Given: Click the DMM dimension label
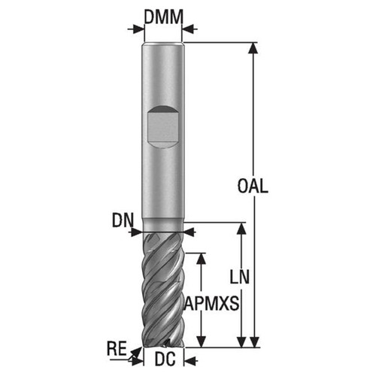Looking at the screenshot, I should click(162, 15).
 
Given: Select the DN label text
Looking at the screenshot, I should click(123, 221).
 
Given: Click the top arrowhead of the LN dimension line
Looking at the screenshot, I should click(241, 227).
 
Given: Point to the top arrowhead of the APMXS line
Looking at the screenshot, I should click(201, 256).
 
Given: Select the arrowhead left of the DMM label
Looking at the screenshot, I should click(138, 29).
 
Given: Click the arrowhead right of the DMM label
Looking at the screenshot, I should click(188, 29).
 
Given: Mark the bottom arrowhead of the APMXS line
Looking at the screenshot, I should click(201, 342).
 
